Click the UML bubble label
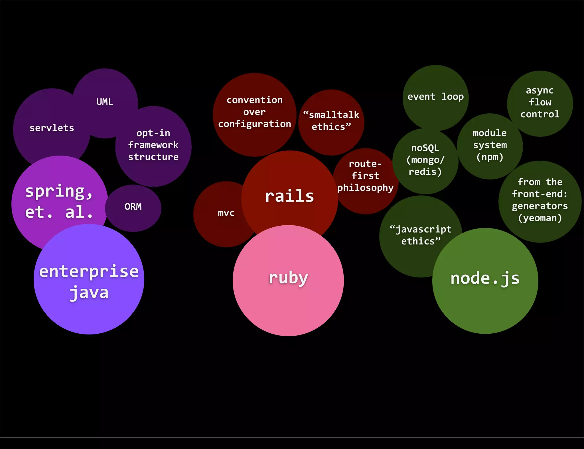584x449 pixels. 105,102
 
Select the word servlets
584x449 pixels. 52,128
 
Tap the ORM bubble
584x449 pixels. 133,207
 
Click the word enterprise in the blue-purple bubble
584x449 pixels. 89,272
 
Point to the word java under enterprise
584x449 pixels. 89,293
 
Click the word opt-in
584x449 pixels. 153,133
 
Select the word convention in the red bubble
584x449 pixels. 254,100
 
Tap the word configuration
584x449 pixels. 254,124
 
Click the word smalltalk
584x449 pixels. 334,115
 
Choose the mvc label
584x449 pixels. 226,213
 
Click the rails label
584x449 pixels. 289,196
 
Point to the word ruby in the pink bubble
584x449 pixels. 288,278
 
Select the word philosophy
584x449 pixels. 365,188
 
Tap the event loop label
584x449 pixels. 435,97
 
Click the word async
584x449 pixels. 540,91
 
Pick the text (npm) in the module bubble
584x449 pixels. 490,157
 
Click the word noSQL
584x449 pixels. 425,148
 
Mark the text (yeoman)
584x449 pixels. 540,218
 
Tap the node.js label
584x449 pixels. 485,278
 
